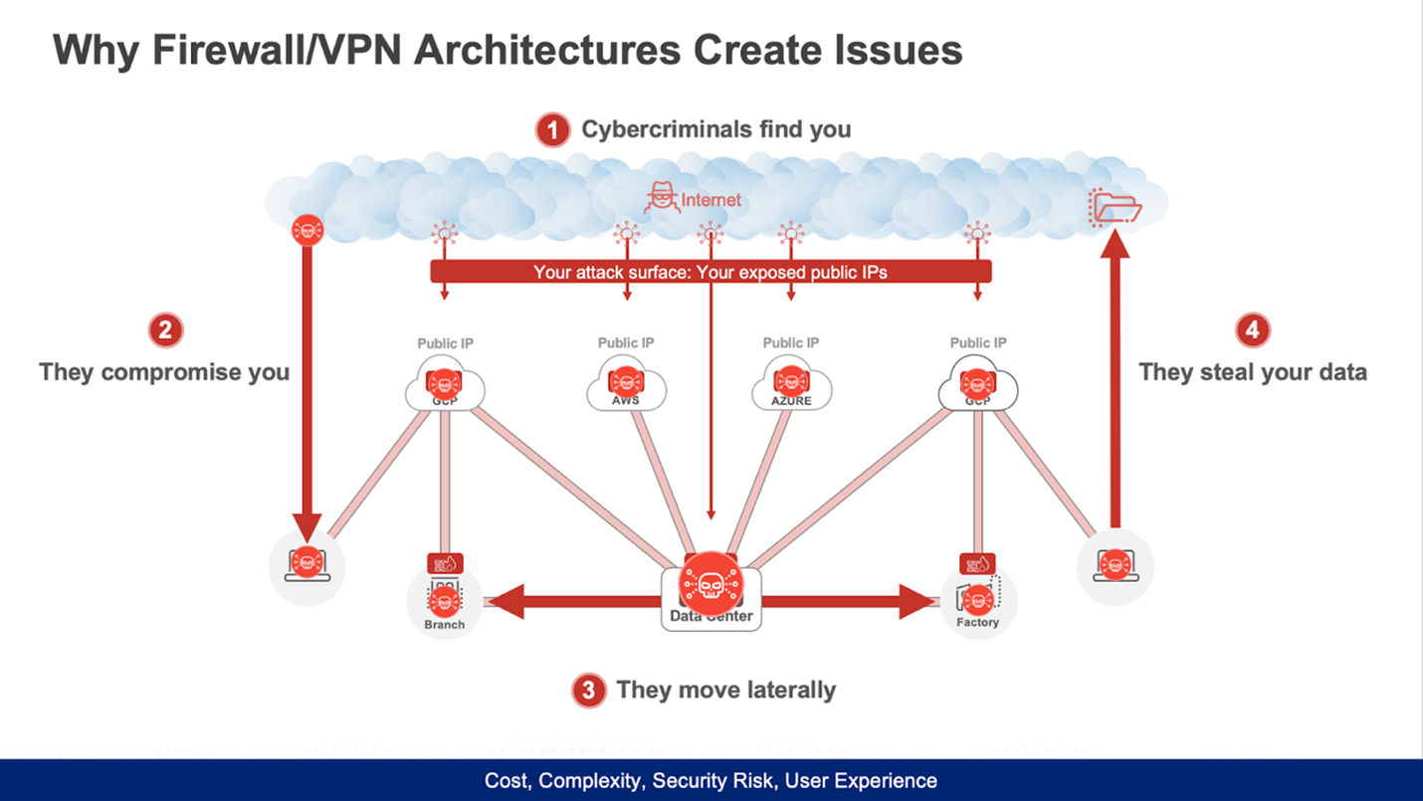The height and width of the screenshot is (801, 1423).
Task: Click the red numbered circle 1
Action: tap(552, 130)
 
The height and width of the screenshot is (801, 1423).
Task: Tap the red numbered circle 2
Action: tap(165, 329)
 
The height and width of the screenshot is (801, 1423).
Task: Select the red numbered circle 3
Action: tap(588, 690)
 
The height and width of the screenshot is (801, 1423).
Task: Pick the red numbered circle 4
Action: tap(1252, 329)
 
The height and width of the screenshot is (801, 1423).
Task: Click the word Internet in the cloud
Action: tap(711, 200)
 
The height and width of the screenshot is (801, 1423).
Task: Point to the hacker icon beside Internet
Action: tap(661, 198)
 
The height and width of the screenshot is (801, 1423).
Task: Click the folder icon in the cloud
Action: tap(1116, 206)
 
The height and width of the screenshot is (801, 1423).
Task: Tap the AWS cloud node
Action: tap(626, 386)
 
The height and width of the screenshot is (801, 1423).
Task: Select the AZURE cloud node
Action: tap(790, 386)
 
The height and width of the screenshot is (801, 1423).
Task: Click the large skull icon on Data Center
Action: tap(711, 585)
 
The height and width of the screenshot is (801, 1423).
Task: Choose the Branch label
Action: tap(444, 625)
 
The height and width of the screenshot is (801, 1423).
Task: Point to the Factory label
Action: tap(977, 623)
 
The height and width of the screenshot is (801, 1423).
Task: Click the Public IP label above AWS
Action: tap(626, 343)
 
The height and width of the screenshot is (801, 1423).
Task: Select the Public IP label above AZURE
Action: tap(791, 343)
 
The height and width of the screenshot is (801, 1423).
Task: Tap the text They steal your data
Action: tap(1252, 373)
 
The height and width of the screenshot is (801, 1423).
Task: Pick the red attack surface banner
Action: tap(711, 272)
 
